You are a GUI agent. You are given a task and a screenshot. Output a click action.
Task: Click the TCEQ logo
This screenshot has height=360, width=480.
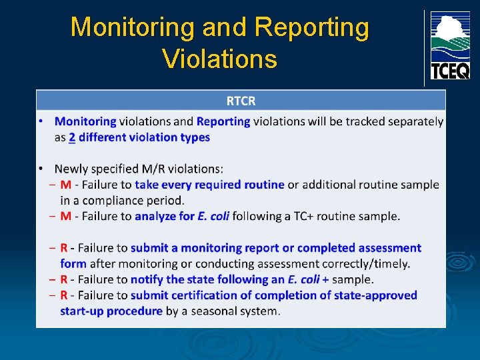pyautogui.click(x=450, y=45)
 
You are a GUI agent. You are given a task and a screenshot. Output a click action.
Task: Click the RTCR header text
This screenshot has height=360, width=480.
pyautogui.click(x=241, y=101)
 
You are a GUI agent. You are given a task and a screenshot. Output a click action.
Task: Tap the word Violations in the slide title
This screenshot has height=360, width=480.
pyautogui.click(x=219, y=59)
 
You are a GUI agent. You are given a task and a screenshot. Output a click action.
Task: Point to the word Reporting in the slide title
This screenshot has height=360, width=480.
pyautogui.click(x=311, y=27)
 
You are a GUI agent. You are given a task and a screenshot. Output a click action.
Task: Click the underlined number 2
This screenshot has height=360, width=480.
pyautogui.click(x=72, y=137)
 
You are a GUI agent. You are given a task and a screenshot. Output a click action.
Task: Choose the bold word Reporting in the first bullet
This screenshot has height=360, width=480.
pyautogui.click(x=223, y=121)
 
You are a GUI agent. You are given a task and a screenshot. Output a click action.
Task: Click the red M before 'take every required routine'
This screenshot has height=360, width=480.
pyautogui.click(x=66, y=185)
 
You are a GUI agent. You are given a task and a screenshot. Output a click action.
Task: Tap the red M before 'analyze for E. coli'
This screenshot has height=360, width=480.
pyautogui.click(x=66, y=216)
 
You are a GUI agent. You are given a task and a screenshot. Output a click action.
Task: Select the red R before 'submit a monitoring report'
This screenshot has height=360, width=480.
pyautogui.click(x=64, y=248)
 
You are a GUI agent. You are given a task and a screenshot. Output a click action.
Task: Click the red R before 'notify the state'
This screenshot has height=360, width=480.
pyautogui.click(x=64, y=279)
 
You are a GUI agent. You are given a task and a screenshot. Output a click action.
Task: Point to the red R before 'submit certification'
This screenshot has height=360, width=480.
pyautogui.click(x=64, y=295)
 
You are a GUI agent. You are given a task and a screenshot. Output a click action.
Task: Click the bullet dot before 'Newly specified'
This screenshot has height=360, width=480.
pyautogui.click(x=41, y=169)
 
